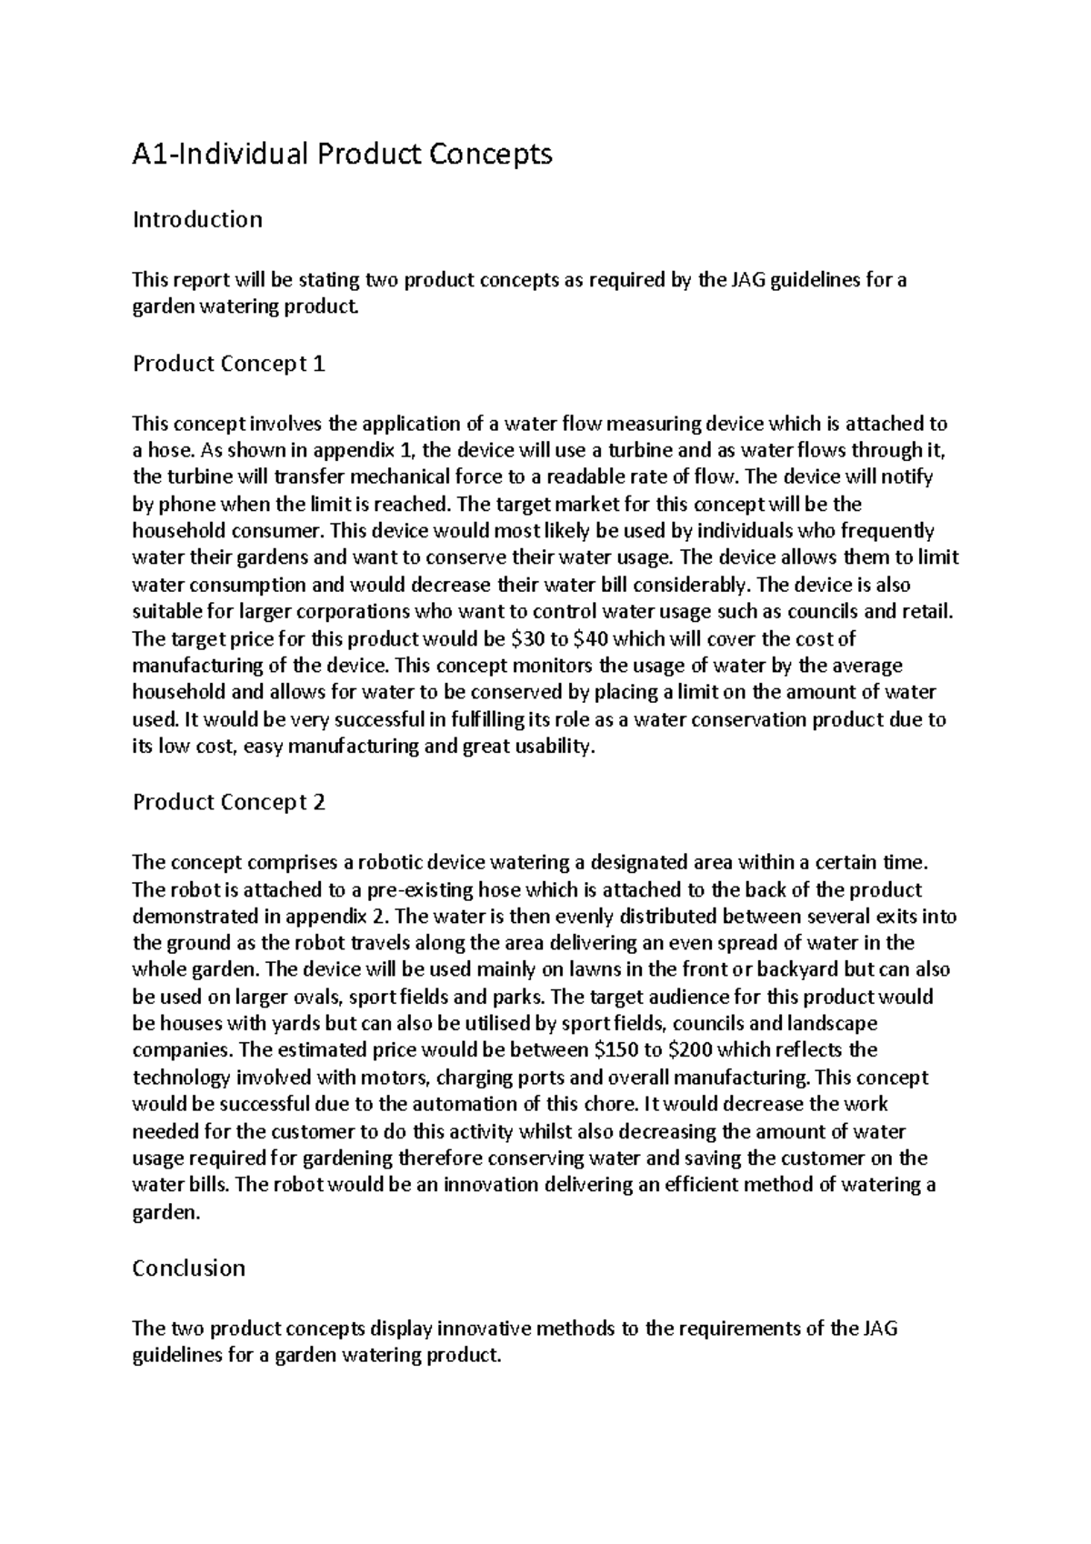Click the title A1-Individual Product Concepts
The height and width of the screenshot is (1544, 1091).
coord(342,155)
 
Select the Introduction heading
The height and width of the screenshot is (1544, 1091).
coord(197,219)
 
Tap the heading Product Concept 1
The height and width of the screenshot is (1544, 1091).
coord(228,364)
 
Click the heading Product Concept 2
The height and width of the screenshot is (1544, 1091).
coord(228,802)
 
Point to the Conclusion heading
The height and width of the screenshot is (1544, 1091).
coord(188,1268)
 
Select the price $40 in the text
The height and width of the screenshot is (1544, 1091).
coord(594,638)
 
